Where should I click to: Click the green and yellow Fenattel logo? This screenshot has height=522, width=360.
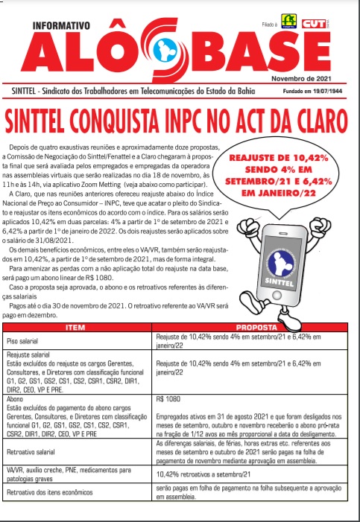point(287,21)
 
